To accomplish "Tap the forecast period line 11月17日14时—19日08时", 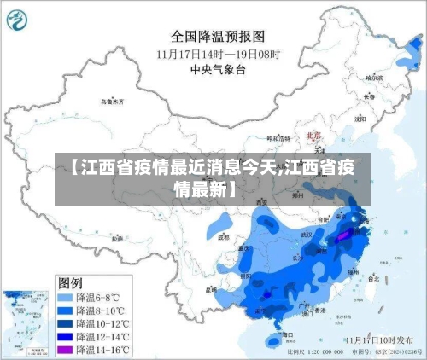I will [x=217, y=53].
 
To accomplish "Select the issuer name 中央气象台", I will [x=218, y=69].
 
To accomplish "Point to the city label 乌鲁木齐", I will [x=112, y=101].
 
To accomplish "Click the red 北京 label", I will [x=313, y=135].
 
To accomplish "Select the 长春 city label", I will [x=368, y=96].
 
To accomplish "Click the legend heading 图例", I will [x=70, y=282].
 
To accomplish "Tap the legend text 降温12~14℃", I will [x=103, y=337].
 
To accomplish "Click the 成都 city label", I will [x=224, y=239].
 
